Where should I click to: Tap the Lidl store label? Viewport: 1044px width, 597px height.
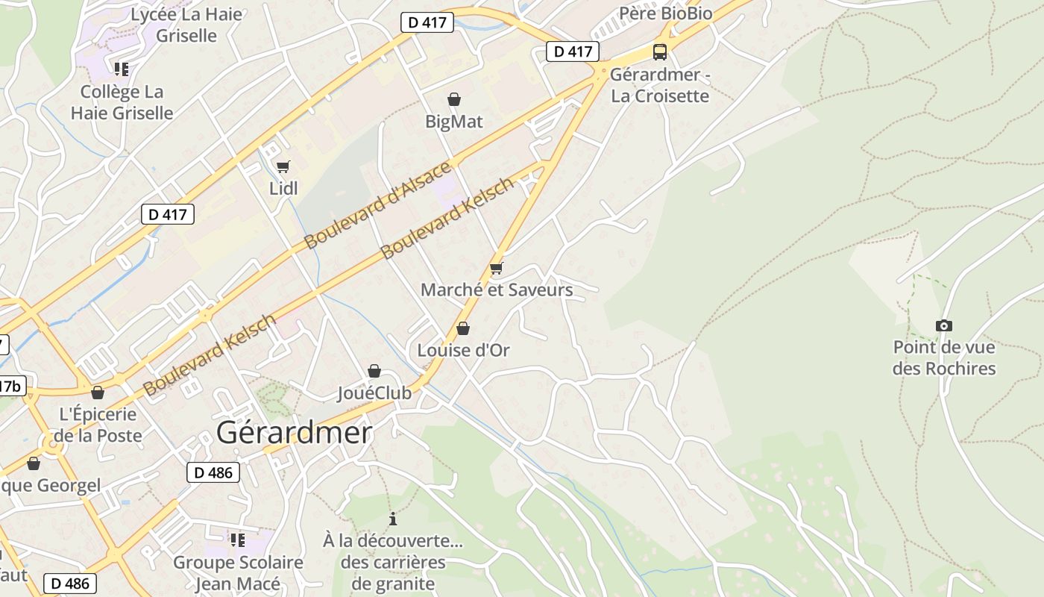[283, 189]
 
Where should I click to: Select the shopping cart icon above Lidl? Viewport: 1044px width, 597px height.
[283, 167]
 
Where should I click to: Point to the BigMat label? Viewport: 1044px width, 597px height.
[454, 122]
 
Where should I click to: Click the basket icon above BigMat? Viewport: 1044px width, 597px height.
[453, 99]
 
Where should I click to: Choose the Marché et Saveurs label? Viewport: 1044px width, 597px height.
[497, 290]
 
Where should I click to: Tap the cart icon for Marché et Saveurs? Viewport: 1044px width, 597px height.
[497, 269]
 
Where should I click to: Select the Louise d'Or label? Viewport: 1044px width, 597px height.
[463, 351]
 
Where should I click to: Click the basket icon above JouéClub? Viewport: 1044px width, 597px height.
[374, 371]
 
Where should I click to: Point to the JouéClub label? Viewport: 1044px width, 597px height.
[374, 393]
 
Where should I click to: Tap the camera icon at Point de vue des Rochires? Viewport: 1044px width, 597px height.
[944, 325]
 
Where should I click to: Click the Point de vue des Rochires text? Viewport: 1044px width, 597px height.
[944, 358]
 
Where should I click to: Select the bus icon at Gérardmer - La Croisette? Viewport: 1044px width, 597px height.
[660, 52]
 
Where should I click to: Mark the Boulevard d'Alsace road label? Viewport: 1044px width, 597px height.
[378, 204]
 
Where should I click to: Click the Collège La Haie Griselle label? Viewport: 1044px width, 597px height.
[122, 103]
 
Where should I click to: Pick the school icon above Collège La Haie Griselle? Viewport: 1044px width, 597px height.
[122, 69]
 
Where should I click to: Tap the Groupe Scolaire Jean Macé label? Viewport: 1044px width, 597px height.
[238, 573]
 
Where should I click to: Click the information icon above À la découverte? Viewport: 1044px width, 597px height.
[393, 519]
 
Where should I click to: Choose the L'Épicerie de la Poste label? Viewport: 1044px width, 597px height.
[98, 425]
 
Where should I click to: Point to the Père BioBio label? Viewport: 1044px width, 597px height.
[666, 13]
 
